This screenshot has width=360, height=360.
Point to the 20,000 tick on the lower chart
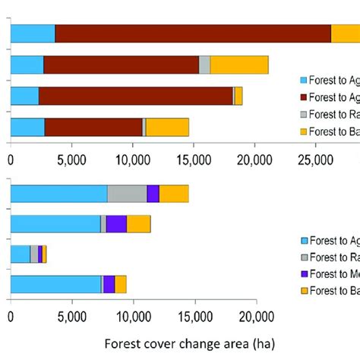click(256, 316)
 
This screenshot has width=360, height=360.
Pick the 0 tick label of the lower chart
click(11, 316)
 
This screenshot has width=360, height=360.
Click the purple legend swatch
click(306, 273)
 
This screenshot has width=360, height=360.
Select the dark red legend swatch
click(306, 97)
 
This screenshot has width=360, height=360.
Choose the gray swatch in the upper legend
click(306, 114)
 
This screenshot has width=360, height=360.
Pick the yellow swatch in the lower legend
click(306, 289)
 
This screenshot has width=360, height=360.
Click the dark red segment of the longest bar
click(193, 34)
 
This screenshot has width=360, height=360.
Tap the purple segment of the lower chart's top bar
click(153, 194)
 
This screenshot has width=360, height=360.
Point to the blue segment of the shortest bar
click(20, 254)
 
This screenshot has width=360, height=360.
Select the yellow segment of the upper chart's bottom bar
click(167, 127)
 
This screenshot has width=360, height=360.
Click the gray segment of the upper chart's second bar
click(204, 65)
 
